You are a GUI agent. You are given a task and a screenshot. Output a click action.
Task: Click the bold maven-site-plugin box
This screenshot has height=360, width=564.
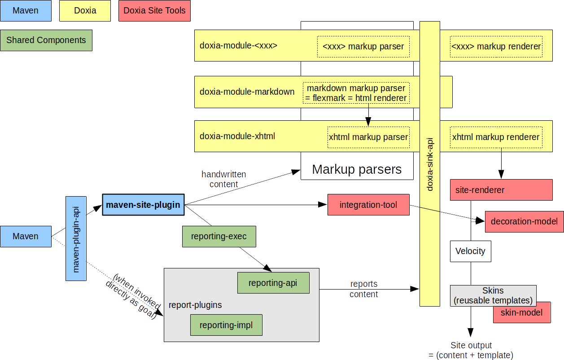click(x=143, y=205)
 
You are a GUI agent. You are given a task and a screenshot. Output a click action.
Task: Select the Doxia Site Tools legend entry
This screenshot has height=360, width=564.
click(x=154, y=10)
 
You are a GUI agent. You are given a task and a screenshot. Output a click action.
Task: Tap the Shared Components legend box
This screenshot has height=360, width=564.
click(x=46, y=40)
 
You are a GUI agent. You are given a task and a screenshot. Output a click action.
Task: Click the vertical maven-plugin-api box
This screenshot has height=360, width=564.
click(x=76, y=238)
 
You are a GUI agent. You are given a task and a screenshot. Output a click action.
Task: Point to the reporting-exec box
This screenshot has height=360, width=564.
click(x=219, y=236)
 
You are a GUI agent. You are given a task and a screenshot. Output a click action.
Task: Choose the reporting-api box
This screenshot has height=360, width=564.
click(x=273, y=283)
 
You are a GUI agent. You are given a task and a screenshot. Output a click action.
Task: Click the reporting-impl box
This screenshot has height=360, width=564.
click(x=226, y=325)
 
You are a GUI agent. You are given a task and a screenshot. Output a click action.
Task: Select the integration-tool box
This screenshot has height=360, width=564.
click(x=368, y=205)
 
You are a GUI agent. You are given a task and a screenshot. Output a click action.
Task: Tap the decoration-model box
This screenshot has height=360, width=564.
click(x=524, y=221)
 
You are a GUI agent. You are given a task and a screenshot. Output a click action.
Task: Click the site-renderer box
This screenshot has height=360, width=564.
click(x=501, y=190)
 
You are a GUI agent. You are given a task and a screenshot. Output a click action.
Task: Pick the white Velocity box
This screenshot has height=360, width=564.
click(x=470, y=251)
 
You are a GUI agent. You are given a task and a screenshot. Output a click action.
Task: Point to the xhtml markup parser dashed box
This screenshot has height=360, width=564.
click(x=368, y=137)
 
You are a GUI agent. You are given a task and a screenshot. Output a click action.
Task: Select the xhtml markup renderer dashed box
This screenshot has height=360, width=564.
click(x=496, y=137)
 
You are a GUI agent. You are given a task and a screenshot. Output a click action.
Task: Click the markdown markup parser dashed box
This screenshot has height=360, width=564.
click(x=356, y=93)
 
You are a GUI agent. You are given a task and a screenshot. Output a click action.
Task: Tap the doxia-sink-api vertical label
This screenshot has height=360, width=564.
click(x=430, y=164)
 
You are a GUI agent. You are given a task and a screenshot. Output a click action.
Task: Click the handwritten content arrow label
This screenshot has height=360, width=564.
click(x=223, y=179)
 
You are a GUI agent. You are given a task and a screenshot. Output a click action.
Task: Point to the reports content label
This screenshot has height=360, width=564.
click(x=364, y=289)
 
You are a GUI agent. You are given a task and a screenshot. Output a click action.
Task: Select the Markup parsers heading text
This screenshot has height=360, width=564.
click(x=357, y=169)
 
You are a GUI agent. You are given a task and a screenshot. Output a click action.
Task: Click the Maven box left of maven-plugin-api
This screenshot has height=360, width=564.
click(x=26, y=236)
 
